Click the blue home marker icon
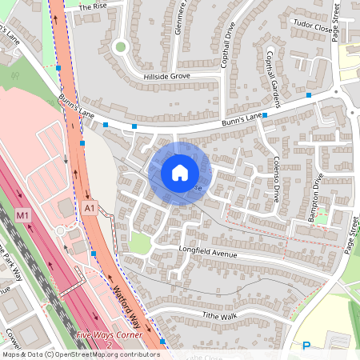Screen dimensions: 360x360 (x=180, y=172)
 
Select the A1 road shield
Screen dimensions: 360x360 (x=89, y=208)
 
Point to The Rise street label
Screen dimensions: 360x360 (x=92, y=6)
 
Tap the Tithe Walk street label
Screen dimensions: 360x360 (x=198, y=316)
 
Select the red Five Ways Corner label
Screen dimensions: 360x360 (x=109, y=334)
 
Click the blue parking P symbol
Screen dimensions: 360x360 (x=306, y=346)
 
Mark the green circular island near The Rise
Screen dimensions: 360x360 (x=121, y=46)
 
